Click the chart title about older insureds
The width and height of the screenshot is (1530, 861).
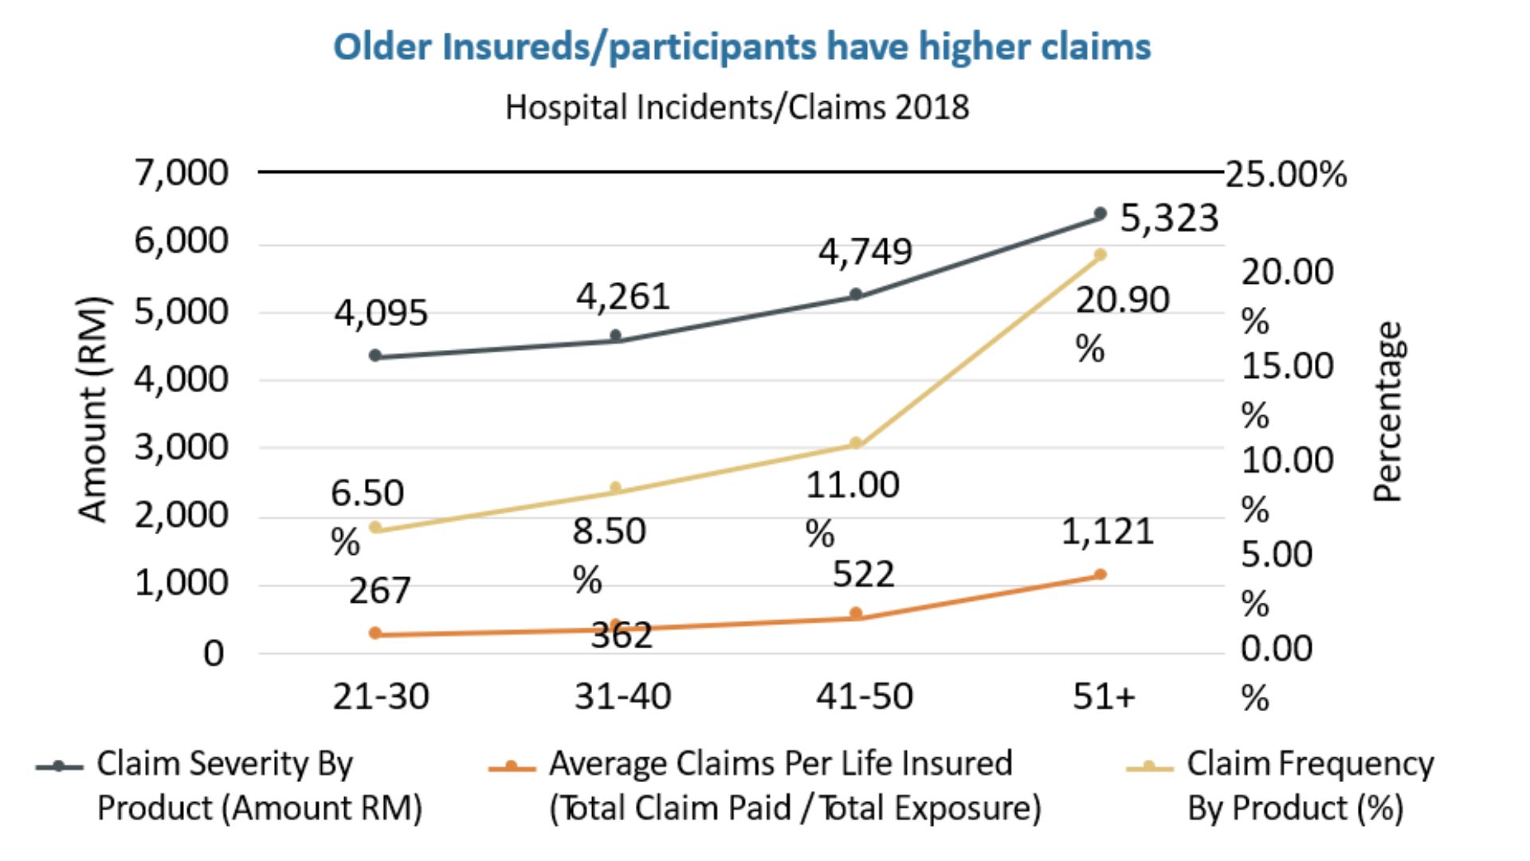[x=742, y=46]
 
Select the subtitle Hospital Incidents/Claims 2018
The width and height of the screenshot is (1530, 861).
[x=737, y=107]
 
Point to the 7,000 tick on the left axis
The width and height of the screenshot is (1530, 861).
[x=182, y=172]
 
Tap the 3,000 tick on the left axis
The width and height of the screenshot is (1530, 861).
[x=182, y=447]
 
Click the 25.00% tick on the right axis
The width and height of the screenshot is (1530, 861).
[x=1286, y=174]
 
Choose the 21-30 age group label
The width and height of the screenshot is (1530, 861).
[x=381, y=696]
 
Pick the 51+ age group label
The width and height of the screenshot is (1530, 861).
[x=1104, y=696]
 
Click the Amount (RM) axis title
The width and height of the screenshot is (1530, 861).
[x=93, y=409]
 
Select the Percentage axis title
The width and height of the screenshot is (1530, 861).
[x=1387, y=411]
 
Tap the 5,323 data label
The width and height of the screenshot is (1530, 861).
[x=1169, y=218]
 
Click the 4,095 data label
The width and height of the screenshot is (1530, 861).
[x=381, y=313]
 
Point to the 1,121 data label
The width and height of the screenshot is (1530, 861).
[x=1108, y=531]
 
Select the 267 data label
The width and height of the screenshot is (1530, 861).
[x=379, y=591]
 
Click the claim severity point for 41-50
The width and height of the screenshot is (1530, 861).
[x=856, y=294]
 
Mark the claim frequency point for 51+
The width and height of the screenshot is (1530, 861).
[x=1100, y=254]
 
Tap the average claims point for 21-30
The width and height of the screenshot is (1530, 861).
[x=375, y=633]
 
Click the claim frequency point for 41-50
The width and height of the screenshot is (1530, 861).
[x=856, y=442]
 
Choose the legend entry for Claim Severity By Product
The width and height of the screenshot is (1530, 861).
[x=229, y=785]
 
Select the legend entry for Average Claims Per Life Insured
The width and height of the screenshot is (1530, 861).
[x=765, y=785]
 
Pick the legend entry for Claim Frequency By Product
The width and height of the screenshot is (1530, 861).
[x=1280, y=785]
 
